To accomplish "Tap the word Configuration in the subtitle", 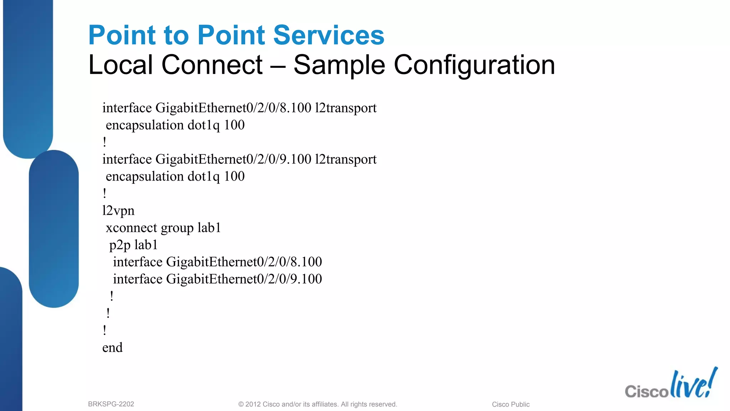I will [474, 65].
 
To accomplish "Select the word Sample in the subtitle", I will [339, 65].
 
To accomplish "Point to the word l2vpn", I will [118, 211].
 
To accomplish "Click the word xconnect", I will [131, 228].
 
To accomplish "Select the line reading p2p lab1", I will [133, 245].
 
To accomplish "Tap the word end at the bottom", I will [112, 347].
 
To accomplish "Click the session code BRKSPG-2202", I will [111, 404].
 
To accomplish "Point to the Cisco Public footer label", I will [510, 404].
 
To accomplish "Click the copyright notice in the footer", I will [317, 404].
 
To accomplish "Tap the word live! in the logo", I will [693, 384].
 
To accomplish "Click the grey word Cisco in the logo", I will [646, 391].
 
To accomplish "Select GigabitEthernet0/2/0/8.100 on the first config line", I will [233, 108].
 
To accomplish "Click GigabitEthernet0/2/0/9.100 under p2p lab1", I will [244, 279].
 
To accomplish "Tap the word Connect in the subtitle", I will [212, 65].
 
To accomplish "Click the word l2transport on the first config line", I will [345, 108].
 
